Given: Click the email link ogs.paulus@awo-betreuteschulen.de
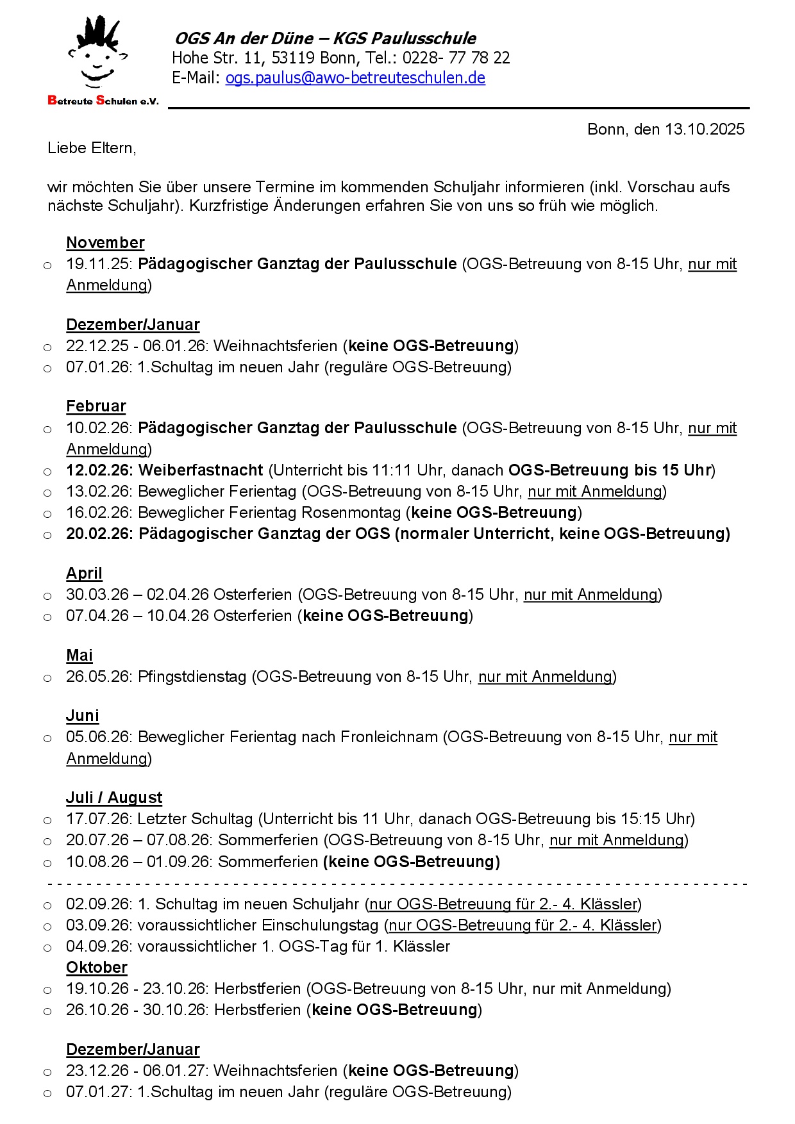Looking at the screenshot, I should (x=355, y=78).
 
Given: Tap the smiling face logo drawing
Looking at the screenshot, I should (x=97, y=54).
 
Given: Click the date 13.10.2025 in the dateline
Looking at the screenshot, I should (x=705, y=129).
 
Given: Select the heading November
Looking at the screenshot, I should (x=105, y=243).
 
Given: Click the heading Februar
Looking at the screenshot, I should (x=96, y=406).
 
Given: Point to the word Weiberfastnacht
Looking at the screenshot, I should (x=201, y=470).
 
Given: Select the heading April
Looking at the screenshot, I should (x=84, y=574).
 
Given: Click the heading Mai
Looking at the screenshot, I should (x=79, y=656).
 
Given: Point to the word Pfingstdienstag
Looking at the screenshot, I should (x=192, y=677).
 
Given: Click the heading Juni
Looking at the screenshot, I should (x=83, y=716).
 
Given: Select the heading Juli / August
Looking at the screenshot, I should (x=114, y=798).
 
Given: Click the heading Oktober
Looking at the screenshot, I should (x=97, y=968).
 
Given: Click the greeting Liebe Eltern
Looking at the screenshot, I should (x=92, y=148).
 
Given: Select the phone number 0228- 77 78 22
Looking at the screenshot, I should (x=456, y=58).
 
